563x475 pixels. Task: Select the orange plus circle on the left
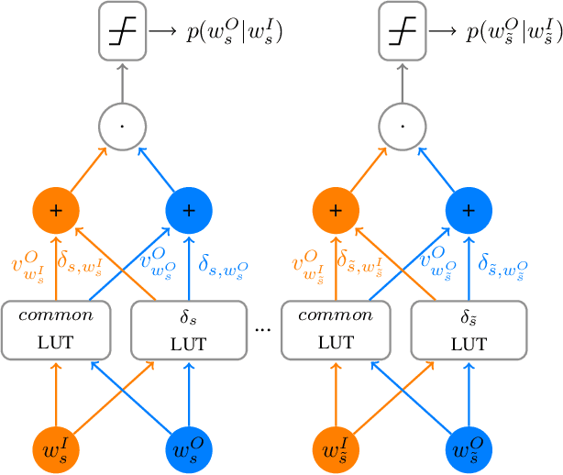(x=58, y=210)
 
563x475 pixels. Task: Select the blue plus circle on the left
(x=189, y=210)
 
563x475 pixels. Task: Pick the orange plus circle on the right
(x=337, y=210)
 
